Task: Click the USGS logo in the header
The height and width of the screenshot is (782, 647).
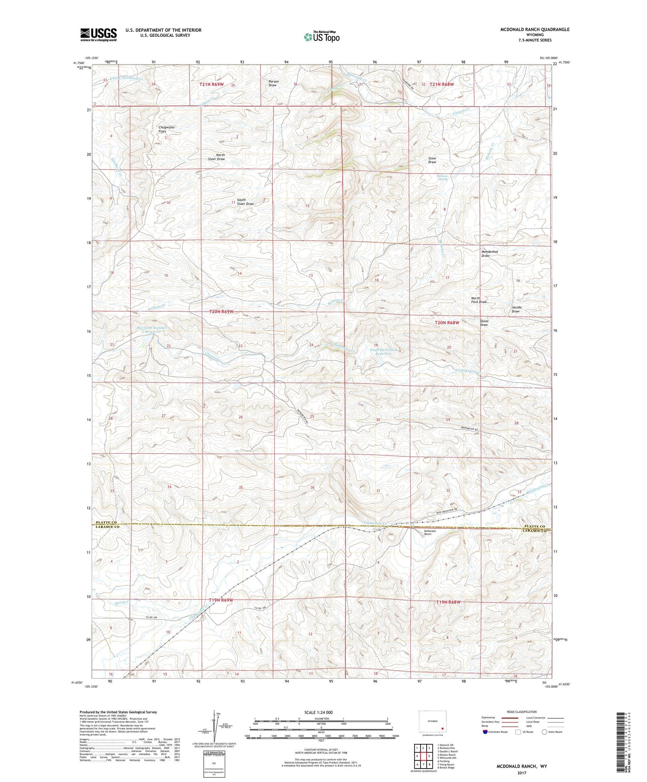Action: tap(98, 34)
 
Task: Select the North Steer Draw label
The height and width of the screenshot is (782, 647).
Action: tap(216, 157)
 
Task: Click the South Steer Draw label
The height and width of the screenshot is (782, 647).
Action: tap(245, 202)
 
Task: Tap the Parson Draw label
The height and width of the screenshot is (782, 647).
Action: tap(273, 83)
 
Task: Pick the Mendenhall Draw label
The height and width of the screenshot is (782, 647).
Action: tap(489, 254)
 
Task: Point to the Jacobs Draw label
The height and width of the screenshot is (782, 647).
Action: tap(516, 309)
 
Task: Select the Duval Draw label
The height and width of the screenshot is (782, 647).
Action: tap(484, 323)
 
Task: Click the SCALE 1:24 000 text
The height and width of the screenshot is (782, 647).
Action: tap(319, 712)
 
